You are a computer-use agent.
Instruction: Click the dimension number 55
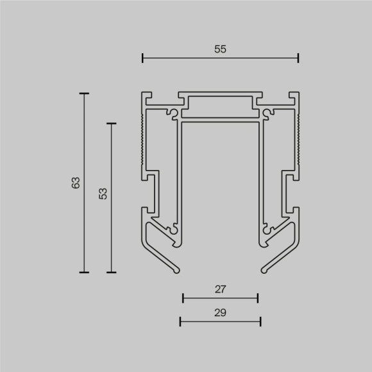pyautogui.click(x=221, y=49)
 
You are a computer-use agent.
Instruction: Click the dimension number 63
pyautogui.click(x=76, y=182)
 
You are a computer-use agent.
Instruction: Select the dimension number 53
pyautogui.click(x=103, y=194)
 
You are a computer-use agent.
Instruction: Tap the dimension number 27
pyautogui.click(x=220, y=289)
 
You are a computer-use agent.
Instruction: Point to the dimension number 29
pyautogui.click(x=220, y=312)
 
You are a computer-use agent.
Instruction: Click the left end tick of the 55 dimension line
pyautogui.click(x=142, y=58)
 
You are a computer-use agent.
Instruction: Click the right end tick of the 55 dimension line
pyautogui.click(x=298, y=58)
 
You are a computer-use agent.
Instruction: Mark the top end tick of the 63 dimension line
pyautogui.click(x=84, y=94)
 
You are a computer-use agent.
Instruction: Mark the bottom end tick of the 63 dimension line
pyautogui.click(x=84, y=272)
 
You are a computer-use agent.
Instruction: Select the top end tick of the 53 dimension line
pyautogui.click(x=112, y=123)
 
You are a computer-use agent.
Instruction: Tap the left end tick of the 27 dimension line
pyautogui.click(x=183, y=298)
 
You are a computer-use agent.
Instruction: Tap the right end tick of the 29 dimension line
pyautogui.click(x=260, y=321)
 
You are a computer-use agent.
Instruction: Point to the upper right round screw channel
pyautogui.click(x=266, y=115)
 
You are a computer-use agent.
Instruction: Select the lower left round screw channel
pyautogui.click(x=173, y=226)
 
